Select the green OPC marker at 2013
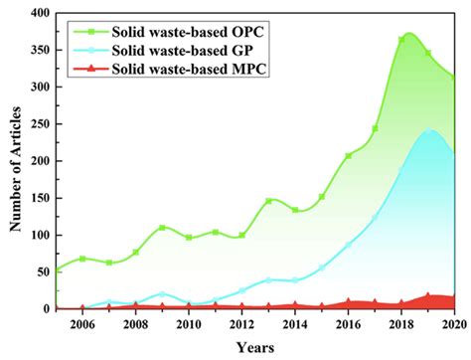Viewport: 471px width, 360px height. click(268, 201)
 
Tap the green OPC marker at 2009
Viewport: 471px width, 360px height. click(162, 228)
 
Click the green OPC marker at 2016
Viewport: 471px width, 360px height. click(348, 155)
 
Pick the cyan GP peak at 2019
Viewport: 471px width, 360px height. click(428, 129)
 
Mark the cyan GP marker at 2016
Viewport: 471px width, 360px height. click(348, 245)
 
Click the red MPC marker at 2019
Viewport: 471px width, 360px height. click(428, 296)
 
